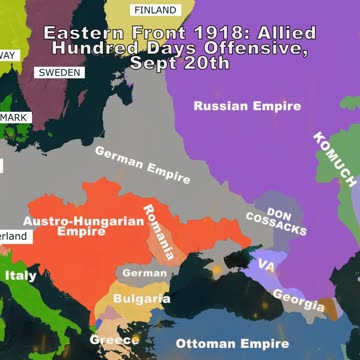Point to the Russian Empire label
pos(246,106)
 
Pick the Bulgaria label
pos(141,298)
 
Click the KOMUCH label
pos(334,160)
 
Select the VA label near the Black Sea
pos(266,265)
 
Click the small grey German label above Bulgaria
pos(144,273)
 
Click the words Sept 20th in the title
pos(180,63)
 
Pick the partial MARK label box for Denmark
pos(14,117)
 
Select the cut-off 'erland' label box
pos(14,236)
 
